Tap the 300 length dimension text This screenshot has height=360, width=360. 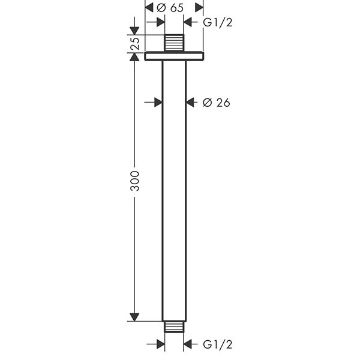point(135,181)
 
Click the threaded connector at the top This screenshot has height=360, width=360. point(175,43)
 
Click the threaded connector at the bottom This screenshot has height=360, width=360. point(175,327)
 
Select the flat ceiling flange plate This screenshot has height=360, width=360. point(175,56)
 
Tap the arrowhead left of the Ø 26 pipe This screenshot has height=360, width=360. point(158,103)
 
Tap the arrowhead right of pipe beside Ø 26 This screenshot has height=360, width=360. point(191,103)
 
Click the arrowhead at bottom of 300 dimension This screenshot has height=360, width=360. point(135,316)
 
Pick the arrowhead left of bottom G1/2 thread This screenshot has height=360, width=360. point(160,344)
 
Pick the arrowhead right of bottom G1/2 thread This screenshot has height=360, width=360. point(189,344)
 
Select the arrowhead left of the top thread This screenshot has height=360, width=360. point(160,23)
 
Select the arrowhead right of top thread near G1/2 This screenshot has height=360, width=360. point(189,23)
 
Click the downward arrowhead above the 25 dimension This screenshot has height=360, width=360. point(135,30)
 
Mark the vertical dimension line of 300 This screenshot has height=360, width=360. point(135,240)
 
